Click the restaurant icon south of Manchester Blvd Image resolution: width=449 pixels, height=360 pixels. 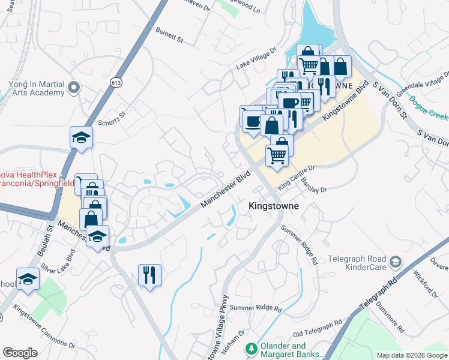point(150,275)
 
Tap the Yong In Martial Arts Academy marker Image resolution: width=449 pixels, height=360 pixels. point(74,89)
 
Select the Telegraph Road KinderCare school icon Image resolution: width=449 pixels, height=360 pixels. point(396,262)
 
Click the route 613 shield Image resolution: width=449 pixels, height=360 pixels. point(116,80)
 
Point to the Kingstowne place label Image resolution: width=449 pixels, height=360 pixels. point(274,206)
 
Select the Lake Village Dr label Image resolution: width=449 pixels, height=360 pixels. point(256,57)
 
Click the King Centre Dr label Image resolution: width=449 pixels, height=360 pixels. point(296,174)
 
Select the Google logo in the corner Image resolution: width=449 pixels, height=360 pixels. point(20,353)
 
